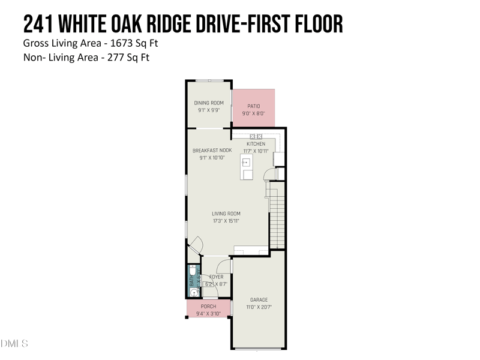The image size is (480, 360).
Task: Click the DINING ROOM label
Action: click(209, 103)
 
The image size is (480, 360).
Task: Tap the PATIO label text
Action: click(253, 106)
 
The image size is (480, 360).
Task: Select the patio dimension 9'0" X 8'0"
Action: click(253, 113)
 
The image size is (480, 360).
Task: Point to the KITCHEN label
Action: click(256, 144)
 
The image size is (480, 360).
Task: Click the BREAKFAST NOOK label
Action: click(208, 151)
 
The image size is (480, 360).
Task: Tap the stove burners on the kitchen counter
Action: click(256, 137)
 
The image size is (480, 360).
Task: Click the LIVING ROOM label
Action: click(226, 214)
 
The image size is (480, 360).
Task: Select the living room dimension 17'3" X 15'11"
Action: click(226, 221)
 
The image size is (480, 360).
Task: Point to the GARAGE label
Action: click(259, 300)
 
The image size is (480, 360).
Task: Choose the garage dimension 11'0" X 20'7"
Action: click(259, 307)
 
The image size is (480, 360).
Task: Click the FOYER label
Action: click(216, 277)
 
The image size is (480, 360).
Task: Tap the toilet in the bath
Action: click(192, 278)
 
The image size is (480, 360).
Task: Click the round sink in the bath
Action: click(192, 292)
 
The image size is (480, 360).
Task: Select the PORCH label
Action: click(208, 307)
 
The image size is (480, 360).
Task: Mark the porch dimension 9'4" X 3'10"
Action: click(208, 313)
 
